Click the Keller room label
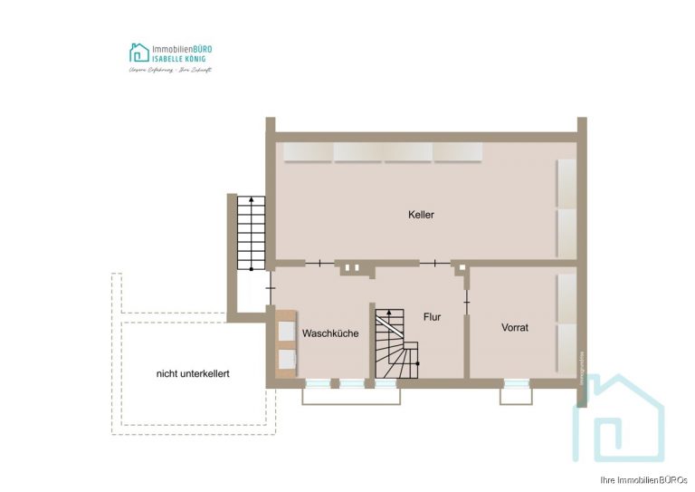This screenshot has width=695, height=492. point(421,215)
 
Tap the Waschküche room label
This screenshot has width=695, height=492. point(330,333)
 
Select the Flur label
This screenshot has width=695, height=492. point(432,317)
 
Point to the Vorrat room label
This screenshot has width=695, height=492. point(515,327)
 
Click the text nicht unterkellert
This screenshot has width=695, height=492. point(193,373)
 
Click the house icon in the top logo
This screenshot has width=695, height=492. point(139,52)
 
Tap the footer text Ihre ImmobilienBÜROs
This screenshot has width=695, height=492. point(643,479)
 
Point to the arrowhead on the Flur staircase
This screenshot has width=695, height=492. point(390,313)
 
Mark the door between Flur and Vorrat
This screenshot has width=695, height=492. point(466,296)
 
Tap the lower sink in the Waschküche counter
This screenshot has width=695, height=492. point(289,360)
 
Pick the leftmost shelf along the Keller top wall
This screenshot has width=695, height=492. point(308,151)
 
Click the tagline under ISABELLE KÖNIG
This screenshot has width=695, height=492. point(170,69)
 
